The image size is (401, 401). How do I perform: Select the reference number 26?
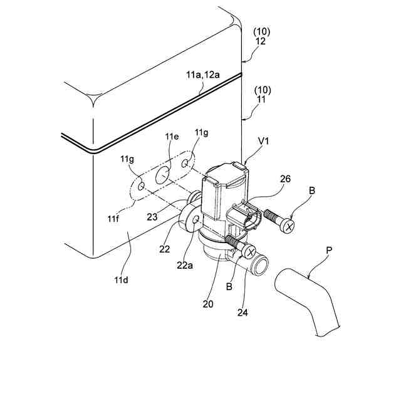(x=285, y=179)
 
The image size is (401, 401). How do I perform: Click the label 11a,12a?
(x=202, y=74)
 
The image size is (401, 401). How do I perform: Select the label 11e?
(x=172, y=137)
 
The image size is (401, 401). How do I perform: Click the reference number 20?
(x=209, y=304)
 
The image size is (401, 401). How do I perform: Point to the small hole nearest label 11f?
(x=142, y=187)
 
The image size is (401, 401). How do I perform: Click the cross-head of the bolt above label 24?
(x=249, y=253)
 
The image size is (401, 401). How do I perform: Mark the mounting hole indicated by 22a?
(x=197, y=220)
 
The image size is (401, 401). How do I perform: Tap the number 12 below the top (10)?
(x=260, y=41)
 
